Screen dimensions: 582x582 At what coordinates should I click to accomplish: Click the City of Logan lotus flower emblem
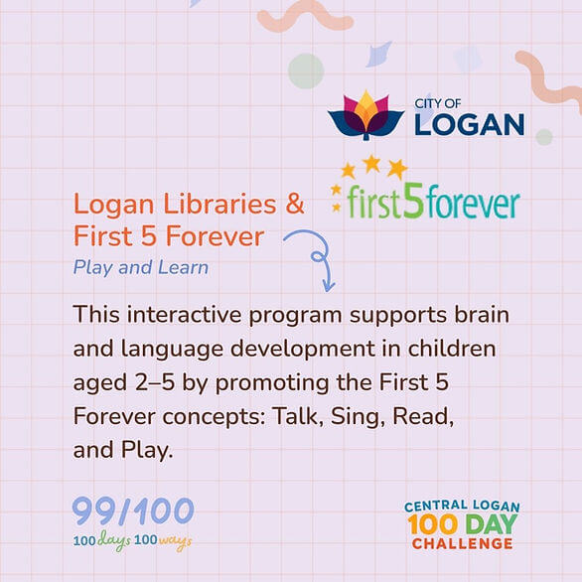pyautogui.click(x=365, y=115)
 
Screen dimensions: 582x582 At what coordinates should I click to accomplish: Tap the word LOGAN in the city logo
pyautogui.click(x=469, y=124)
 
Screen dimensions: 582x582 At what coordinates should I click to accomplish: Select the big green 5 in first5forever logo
pyautogui.click(x=413, y=200)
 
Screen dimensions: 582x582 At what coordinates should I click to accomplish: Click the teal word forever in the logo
pyautogui.click(x=472, y=204)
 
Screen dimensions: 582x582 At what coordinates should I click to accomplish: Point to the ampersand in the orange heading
pyautogui.click(x=295, y=204)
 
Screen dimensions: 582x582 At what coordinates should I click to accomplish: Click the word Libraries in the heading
pyautogui.click(x=219, y=204)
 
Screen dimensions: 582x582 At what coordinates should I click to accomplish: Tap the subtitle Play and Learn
pyautogui.click(x=141, y=267)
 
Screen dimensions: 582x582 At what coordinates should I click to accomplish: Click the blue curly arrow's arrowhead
pyautogui.click(x=328, y=286)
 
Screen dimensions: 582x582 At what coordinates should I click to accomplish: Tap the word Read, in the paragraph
pyautogui.click(x=423, y=416)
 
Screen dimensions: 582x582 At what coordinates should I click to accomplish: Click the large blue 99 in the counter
pyautogui.click(x=94, y=511)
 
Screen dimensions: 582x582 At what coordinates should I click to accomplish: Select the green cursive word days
pyautogui.click(x=114, y=540)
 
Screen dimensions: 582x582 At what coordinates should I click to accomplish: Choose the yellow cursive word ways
pyautogui.click(x=175, y=541)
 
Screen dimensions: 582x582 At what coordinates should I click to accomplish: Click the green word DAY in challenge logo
pyautogui.click(x=491, y=524)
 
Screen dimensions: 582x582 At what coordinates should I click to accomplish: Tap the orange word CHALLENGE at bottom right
pyautogui.click(x=463, y=544)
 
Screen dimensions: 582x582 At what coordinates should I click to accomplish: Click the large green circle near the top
pyautogui.click(x=306, y=71)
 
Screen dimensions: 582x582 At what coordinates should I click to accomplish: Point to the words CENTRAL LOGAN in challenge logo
pyautogui.click(x=462, y=507)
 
